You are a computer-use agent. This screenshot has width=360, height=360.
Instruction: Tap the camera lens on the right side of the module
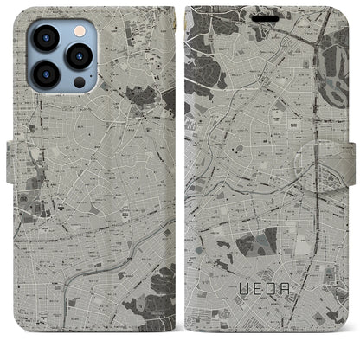click(x=80, y=56)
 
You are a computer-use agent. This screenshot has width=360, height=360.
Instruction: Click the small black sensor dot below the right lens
click(x=80, y=82)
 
